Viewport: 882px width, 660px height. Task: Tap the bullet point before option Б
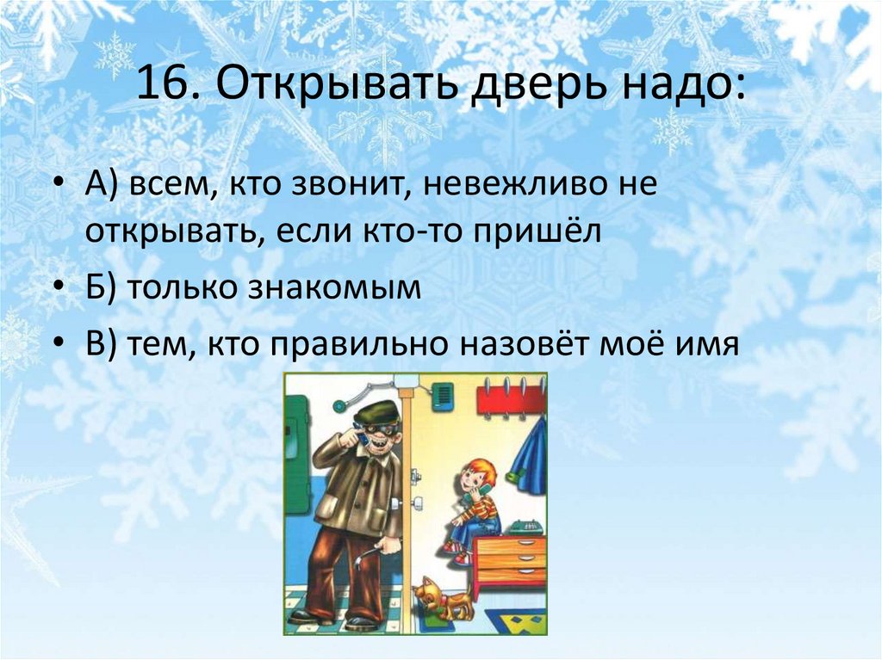tap(59, 289)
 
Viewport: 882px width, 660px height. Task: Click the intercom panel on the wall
tap(444, 397)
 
